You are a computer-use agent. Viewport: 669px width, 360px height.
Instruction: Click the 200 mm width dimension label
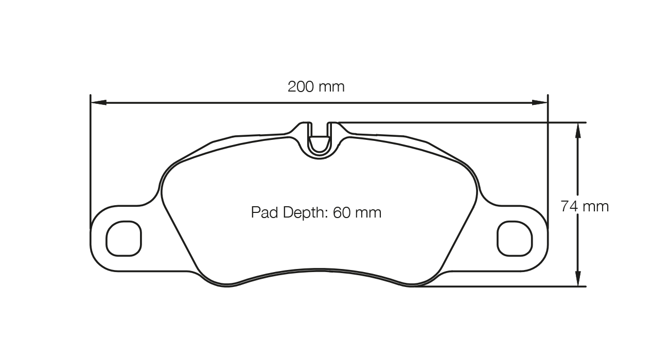[x=316, y=86]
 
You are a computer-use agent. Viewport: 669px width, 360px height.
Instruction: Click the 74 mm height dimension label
[x=584, y=206]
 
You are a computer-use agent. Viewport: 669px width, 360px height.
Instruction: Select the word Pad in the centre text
[x=263, y=212]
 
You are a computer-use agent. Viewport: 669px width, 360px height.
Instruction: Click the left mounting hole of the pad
[x=124, y=238]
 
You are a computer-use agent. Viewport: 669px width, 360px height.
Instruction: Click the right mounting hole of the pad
[x=514, y=238]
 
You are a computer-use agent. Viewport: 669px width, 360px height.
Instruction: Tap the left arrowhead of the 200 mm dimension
[x=98, y=102]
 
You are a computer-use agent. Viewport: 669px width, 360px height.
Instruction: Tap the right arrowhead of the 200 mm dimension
[x=540, y=102]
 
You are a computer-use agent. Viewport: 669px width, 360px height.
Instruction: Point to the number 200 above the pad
[x=301, y=86]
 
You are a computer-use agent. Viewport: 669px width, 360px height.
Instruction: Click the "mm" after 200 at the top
[x=331, y=86]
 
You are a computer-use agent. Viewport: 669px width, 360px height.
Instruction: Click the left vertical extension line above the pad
[x=91, y=154]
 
